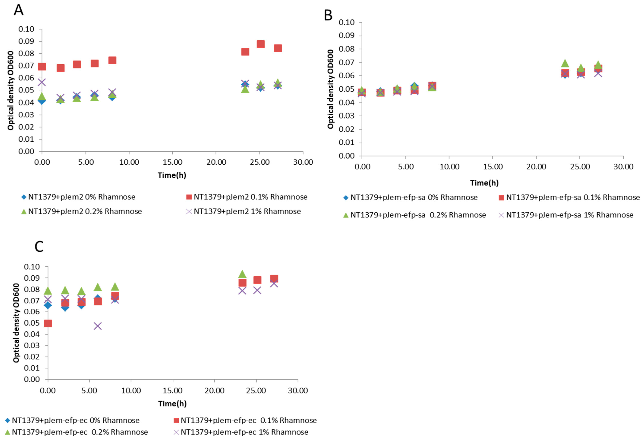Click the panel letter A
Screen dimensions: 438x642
click(19, 10)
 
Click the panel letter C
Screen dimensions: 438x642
click(39, 247)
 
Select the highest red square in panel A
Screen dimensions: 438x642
click(260, 44)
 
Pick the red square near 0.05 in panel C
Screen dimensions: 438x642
click(48, 323)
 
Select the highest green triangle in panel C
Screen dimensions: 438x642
click(242, 274)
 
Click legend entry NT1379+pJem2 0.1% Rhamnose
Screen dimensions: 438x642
click(250, 197)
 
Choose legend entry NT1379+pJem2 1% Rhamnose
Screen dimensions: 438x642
click(247, 212)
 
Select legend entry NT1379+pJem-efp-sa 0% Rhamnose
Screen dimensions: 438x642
click(413, 198)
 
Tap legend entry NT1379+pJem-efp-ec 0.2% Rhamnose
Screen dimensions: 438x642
click(80, 432)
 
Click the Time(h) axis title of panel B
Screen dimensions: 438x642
click(484, 183)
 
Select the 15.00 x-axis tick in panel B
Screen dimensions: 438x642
click(493, 167)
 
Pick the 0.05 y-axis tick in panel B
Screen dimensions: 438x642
click(346, 89)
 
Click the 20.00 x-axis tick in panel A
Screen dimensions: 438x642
click(216, 162)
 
